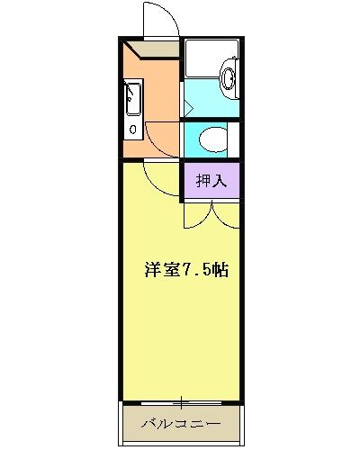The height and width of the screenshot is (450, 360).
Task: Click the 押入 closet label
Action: pyautogui.click(x=212, y=178)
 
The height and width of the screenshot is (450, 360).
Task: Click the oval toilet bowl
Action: pyautogui.click(x=210, y=140)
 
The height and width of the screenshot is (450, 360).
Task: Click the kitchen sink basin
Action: pyautogui.click(x=132, y=98)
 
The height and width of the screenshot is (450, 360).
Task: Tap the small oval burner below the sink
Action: pyautogui.click(x=132, y=130)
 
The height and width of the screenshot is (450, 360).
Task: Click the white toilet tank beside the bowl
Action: pyautogui.click(x=232, y=140)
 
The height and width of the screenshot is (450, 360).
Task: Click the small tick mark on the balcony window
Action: pyautogui.click(x=181, y=400)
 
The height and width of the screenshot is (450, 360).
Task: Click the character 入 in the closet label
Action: pyautogui.click(x=221, y=178)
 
